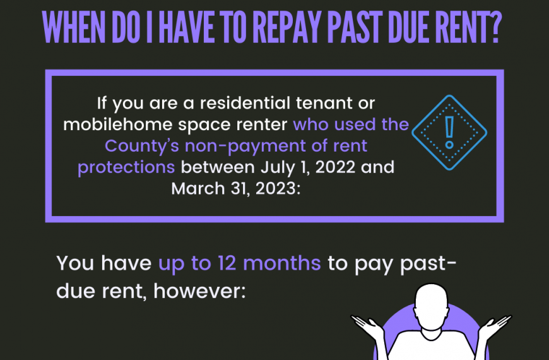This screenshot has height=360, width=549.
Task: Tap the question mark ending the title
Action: pos(494,28)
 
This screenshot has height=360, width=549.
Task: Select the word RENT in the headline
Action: pos(461,28)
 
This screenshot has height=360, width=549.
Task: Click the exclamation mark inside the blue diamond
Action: pos(449,133)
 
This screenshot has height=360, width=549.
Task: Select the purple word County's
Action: pos(142,146)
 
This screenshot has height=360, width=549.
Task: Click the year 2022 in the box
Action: pos(335,167)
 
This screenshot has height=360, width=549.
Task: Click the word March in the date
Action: pos(198,189)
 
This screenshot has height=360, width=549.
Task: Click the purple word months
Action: pos(282,263)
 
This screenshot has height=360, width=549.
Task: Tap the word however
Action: pos(199,291)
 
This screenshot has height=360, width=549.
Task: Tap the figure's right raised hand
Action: pos(495,324)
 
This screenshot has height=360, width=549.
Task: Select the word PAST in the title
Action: pos(355,28)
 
